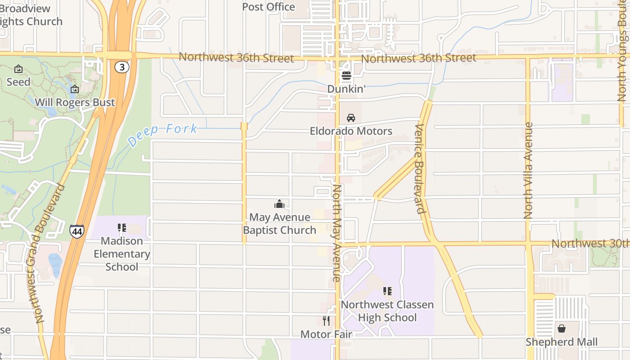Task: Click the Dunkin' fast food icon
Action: [x=346, y=76]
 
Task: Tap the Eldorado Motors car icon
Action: [x=351, y=118]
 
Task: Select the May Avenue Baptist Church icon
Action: [x=279, y=204]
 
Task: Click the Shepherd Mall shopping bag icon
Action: [x=562, y=328]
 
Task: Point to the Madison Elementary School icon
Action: [x=121, y=228]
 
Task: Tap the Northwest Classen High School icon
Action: [x=387, y=291]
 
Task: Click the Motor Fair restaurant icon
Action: [x=326, y=321]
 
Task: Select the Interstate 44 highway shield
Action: [x=76, y=231]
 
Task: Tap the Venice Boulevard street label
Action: [x=420, y=168]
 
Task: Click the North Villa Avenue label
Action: [x=528, y=171]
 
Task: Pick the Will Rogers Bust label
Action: [x=75, y=102]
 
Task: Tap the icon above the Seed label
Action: [x=18, y=69]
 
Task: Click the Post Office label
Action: [x=269, y=7]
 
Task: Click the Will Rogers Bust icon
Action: [x=75, y=90]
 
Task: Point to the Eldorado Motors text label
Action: [x=351, y=131]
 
